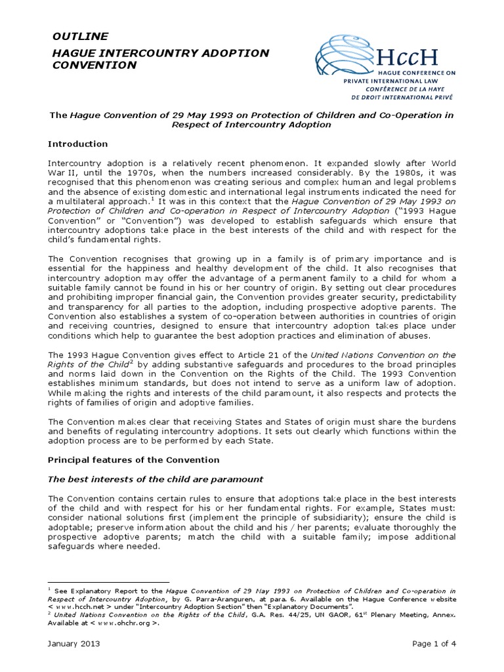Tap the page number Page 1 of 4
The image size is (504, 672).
[434, 644]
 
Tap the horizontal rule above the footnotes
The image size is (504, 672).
[109, 581]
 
